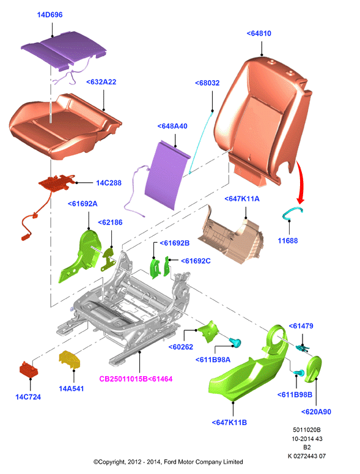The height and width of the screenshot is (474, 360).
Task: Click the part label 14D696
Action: (50, 15)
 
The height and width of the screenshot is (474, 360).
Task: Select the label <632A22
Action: (101, 82)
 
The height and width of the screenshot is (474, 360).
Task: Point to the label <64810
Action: (259, 33)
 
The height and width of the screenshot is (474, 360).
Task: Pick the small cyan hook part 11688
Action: (292, 212)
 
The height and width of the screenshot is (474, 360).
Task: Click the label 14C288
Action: (109, 183)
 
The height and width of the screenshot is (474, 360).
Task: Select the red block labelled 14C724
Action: (29, 369)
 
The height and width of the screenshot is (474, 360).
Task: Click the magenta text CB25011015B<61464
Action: (136, 379)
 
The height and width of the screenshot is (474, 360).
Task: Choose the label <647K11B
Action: (229, 422)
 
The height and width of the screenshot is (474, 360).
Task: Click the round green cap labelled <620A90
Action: (313, 369)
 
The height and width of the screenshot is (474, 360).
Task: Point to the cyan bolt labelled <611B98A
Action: (235, 343)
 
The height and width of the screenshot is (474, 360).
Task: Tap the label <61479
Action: (301, 326)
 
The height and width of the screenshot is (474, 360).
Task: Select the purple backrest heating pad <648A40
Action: (167, 176)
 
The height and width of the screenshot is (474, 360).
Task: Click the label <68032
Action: (207, 83)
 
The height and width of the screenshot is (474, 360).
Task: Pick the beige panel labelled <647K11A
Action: (231, 235)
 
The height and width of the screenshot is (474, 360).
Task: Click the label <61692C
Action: (196, 261)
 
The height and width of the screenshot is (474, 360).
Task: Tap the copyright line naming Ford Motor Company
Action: (168, 462)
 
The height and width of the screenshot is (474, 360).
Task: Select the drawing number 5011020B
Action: (307, 429)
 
